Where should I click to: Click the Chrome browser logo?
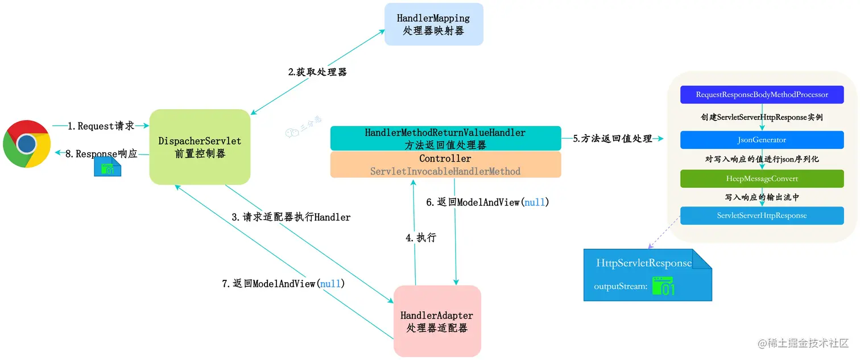27,143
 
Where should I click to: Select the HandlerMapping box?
433,24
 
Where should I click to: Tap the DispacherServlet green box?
200,147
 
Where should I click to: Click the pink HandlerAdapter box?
437,321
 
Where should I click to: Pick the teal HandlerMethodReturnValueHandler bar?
445,138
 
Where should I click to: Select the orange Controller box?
445,164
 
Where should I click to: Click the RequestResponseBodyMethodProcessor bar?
762,94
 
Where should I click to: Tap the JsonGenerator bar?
762,139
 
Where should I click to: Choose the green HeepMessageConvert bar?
762,179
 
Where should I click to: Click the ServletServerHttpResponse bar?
762,216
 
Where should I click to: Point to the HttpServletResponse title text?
644,263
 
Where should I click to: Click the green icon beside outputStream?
663,286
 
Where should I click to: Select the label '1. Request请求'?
101,126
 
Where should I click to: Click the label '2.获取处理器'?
317,72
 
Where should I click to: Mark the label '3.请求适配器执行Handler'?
291,217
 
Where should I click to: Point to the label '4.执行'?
421,238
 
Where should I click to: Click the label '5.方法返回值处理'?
612,138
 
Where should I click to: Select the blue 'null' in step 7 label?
330,283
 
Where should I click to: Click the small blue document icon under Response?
108,168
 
